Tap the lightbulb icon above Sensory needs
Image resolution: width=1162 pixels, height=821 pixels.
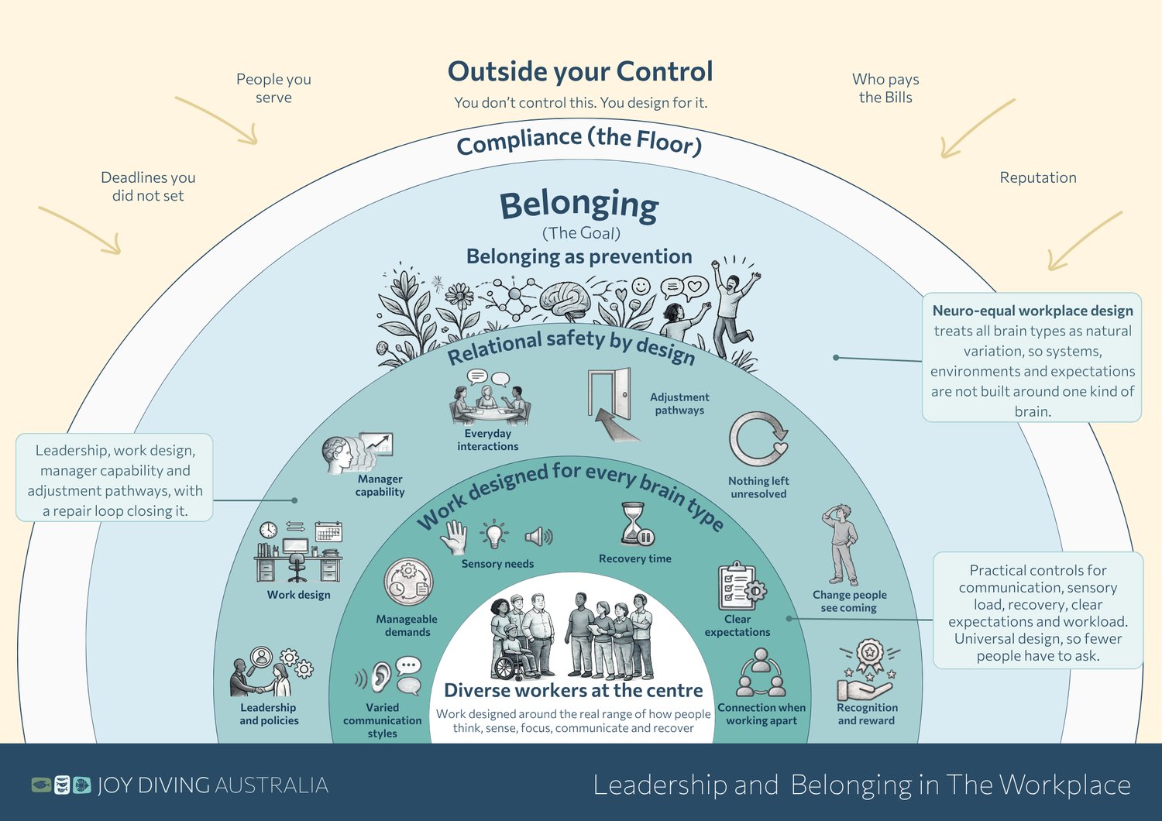click(494, 534)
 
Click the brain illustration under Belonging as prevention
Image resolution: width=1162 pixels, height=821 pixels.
click(566, 301)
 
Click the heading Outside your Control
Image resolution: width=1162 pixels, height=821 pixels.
click(580, 71)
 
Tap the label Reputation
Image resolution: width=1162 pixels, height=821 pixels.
click(1038, 177)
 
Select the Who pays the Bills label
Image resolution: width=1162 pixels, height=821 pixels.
click(885, 88)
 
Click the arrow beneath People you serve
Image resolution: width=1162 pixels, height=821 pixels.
click(217, 120)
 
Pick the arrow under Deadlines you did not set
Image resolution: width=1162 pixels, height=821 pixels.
click(81, 230)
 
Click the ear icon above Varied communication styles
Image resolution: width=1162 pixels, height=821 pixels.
click(380, 677)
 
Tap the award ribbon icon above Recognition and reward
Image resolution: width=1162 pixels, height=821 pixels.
click(869, 655)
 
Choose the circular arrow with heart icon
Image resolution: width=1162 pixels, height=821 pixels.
click(758, 438)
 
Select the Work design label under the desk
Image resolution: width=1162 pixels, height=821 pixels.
click(299, 595)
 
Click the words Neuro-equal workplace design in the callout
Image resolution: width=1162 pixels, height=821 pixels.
click(1033, 311)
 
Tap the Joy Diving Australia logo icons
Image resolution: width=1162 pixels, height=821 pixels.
click(61, 785)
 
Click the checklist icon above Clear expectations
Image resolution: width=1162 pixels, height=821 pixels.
click(741, 586)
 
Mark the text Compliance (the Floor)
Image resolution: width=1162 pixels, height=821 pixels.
click(579, 140)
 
